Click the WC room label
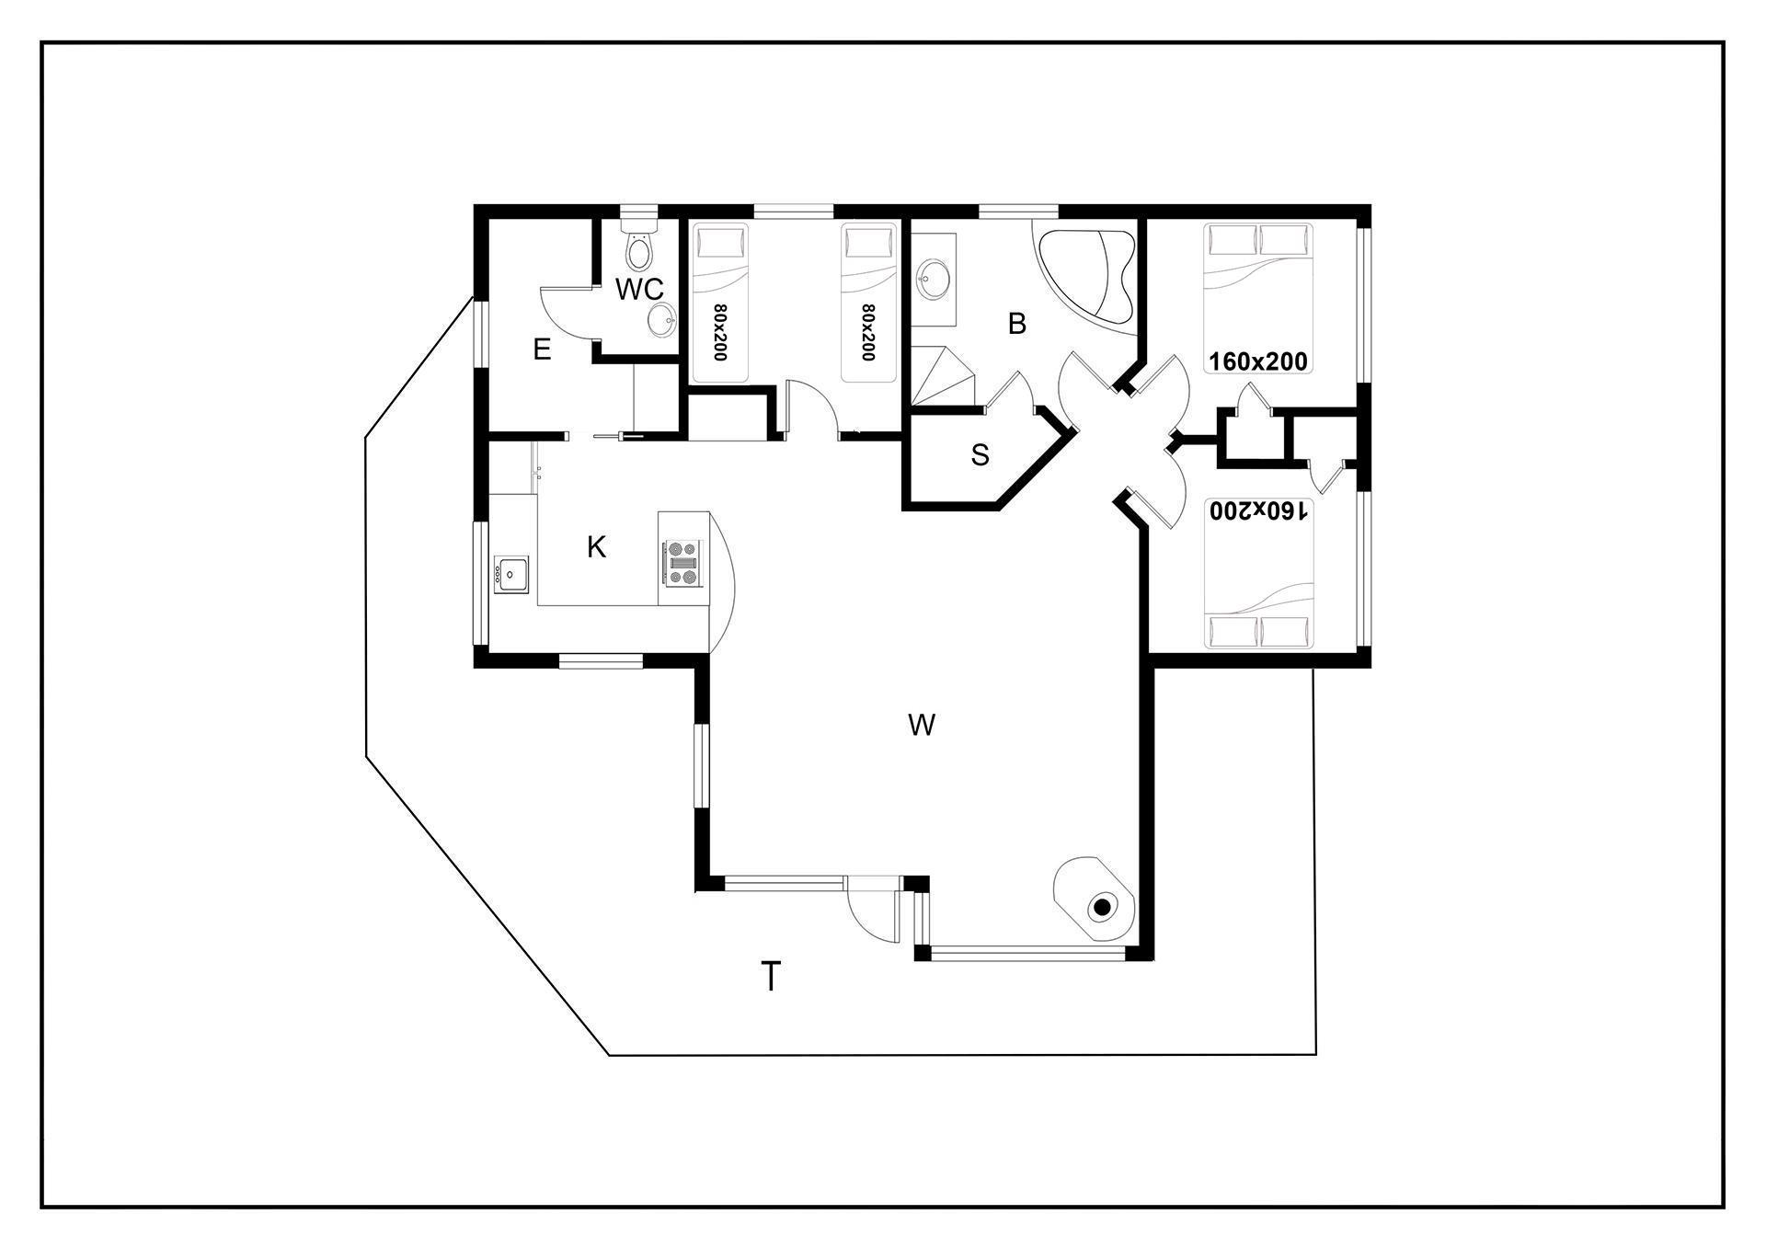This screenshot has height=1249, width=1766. point(639,289)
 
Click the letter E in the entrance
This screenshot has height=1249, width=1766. point(542,349)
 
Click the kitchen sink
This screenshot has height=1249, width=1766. point(510,574)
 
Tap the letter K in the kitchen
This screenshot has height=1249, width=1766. point(596,547)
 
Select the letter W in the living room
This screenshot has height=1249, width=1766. point(922,726)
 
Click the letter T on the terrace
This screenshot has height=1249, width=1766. point(771,976)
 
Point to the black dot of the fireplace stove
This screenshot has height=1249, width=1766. point(1100,909)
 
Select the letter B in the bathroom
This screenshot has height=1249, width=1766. point(1016,324)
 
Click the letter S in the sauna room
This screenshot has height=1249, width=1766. point(980,454)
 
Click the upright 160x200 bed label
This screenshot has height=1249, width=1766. point(1257,361)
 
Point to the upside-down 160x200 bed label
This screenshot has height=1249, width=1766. point(1257,510)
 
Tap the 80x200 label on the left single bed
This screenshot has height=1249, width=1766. point(720,332)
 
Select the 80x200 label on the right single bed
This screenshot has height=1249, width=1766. point(867,332)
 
